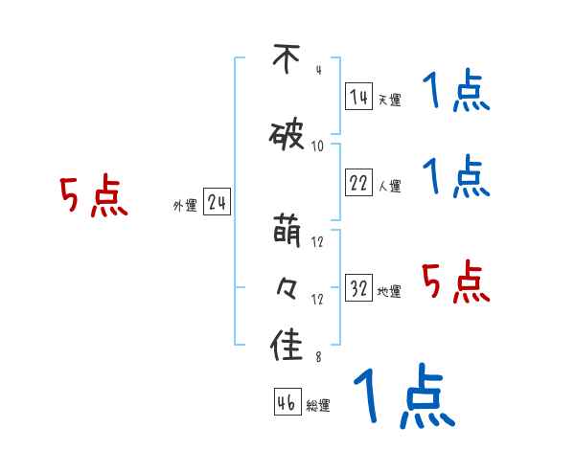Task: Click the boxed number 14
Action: pos(358,97)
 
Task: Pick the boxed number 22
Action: pos(358,184)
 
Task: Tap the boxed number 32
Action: pos(358,289)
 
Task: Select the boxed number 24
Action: pos(217,203)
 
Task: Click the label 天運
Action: pos(388,100)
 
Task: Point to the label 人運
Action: pos(388,187)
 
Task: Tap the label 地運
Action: pos(388,292)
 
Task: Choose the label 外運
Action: pos(184,206)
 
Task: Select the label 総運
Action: pos(318,406)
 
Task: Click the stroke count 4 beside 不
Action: pos(317,70)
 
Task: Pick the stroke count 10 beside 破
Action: pos(318,146)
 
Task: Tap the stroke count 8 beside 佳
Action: pos(317,358)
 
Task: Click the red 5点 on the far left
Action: pos(93,197)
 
